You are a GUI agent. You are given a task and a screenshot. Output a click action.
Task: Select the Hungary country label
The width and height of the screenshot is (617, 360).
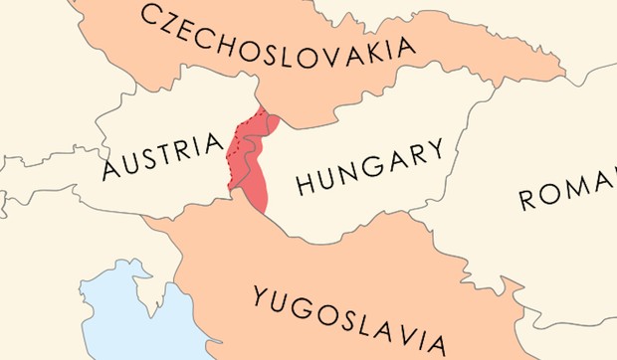click(369, 168)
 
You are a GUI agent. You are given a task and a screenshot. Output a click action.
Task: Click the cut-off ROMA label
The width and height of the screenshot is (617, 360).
click(567, 190)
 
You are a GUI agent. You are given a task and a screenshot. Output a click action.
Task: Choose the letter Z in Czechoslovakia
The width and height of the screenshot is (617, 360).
click(177, 20)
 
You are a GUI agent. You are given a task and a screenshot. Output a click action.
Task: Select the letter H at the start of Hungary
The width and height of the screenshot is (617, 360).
click(307, 184)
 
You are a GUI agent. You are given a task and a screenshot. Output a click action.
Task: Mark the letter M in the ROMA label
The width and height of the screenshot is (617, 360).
click(583, 187)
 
